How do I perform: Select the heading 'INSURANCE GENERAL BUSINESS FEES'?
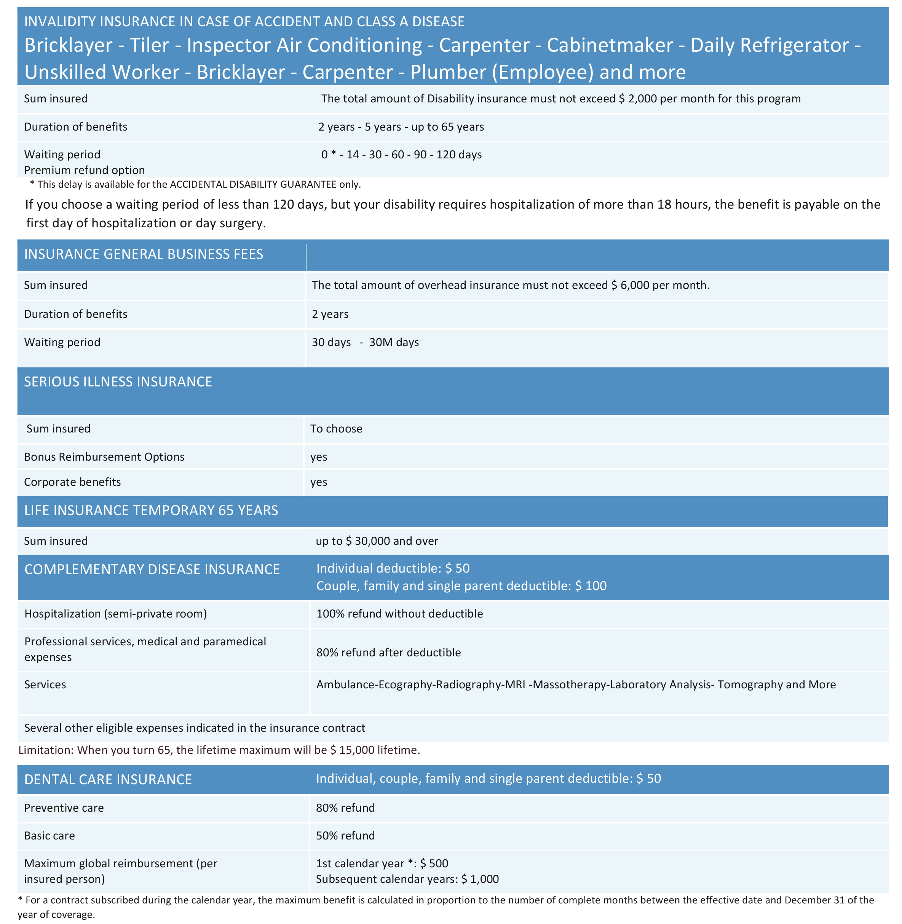[x=144, y=254]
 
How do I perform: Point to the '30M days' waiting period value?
[x=394, y=342]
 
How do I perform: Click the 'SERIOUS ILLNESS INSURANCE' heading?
[x=118, y=382]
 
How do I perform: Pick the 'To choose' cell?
[x=336, y=429]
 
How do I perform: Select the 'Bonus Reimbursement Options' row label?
[x=104, y=457]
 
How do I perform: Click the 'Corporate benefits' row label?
[x=72, y=482]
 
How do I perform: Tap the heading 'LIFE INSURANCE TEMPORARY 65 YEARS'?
[x=151, y=511]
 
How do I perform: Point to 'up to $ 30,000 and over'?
[x=377, y=541]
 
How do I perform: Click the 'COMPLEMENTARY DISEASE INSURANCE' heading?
[x=152, y=569]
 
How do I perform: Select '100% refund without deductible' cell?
[x=400, y=614]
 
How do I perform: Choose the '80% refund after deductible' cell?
[x=388, y=653]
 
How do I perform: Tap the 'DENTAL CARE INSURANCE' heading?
[x=108, y=780]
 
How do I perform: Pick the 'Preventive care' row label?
[x=64, y=808]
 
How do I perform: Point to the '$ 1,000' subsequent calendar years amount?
[x=480, y=879]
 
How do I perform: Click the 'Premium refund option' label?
[x=84, y=171]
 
